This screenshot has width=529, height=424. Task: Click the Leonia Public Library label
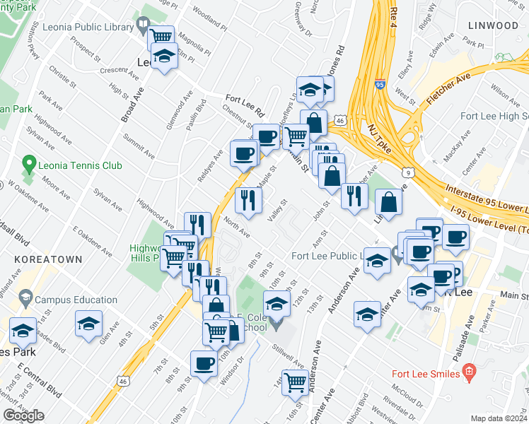(x=88, y=28)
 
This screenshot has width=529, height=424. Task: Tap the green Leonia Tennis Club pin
(x=29, y=165)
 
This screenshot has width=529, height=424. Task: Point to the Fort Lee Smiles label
(x=426, y=373)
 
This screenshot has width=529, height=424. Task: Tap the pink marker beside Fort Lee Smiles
(x=467, y=372)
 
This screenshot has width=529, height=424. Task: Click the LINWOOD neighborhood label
(x=493, y=25)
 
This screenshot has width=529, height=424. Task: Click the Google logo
(x=23, y=416)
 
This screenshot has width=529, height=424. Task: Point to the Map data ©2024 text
(x=499, y=418)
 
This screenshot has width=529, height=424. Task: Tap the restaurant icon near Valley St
(x=248, y=199)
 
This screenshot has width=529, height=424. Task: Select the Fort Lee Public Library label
(x=327, y=255)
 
